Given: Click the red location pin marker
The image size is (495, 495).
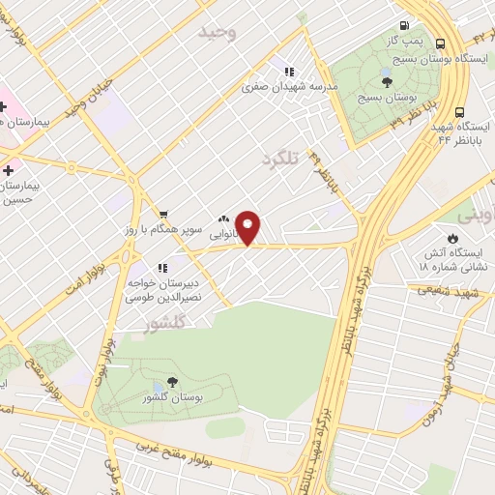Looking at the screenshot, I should tap(249, 226).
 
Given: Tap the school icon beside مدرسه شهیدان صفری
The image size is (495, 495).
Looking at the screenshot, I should tap(288, 70).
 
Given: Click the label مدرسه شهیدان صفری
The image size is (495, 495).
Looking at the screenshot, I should tap(290, 86).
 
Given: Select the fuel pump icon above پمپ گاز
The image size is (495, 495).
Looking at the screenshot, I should tap(403, 26).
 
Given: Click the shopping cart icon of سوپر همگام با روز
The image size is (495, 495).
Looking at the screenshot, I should tap(163, 215).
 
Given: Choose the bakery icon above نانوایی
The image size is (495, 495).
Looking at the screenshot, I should tap(224, 218).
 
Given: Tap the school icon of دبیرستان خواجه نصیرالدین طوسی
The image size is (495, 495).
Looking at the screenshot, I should tap(161, 267).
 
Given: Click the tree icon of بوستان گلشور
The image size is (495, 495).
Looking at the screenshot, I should tap(172, 383).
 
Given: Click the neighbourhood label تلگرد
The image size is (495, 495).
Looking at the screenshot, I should tap(278, 157).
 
